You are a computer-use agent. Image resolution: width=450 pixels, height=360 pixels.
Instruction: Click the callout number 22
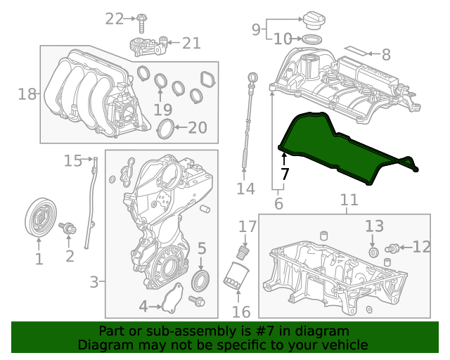(114, 19)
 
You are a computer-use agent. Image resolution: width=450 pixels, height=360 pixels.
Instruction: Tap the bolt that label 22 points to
(141, 23)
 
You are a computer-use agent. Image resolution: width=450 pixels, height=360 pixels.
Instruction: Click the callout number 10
(283, 39)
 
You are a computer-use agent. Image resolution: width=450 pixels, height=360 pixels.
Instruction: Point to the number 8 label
(386, 55)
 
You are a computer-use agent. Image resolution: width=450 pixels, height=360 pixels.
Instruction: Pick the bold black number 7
(284, 174)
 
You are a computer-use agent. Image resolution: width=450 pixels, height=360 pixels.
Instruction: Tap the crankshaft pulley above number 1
(41, 217)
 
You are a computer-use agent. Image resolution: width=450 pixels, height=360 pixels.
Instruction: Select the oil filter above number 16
(236, 275)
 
